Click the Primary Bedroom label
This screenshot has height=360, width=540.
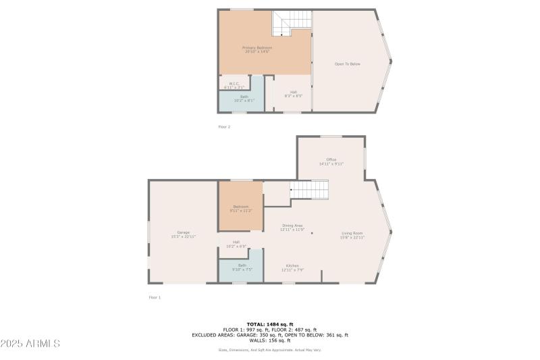[257, 49]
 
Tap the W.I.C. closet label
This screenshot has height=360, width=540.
[234, 85]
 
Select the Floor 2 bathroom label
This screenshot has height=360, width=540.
[244, 99]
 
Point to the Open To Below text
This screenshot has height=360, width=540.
[348, 64]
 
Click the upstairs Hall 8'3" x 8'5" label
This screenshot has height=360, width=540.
[294, 94]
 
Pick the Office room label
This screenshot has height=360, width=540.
[331, 161]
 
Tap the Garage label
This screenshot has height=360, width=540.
[183, 234]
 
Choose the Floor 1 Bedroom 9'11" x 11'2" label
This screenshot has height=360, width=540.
[240, 209]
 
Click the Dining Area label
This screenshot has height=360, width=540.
[292, 228]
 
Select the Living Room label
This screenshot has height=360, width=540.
[352, 235]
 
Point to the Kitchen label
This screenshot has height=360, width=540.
[292, 267]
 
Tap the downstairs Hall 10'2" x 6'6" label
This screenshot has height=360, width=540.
[236, 244]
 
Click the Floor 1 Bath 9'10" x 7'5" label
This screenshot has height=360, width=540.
[242, 267]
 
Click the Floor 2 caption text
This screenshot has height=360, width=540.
[223, 127]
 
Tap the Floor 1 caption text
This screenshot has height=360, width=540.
[155, 297]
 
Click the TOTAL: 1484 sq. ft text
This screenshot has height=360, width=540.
[269, 324]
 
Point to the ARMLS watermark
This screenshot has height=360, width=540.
[30, 344]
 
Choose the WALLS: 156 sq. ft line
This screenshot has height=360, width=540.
[269, 340]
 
